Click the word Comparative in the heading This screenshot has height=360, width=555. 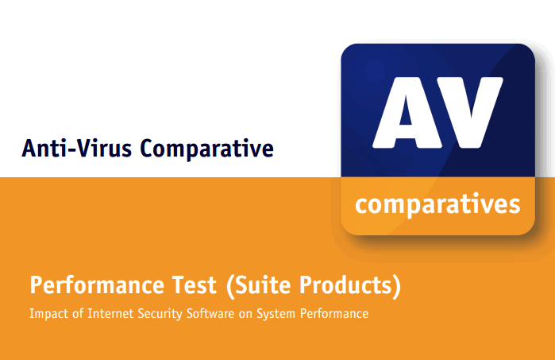click(207, 149)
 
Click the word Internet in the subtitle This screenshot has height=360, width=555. click(110, 314)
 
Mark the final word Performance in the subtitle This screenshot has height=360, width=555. click(337, 314)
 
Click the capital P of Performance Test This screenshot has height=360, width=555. click(36, 285)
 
